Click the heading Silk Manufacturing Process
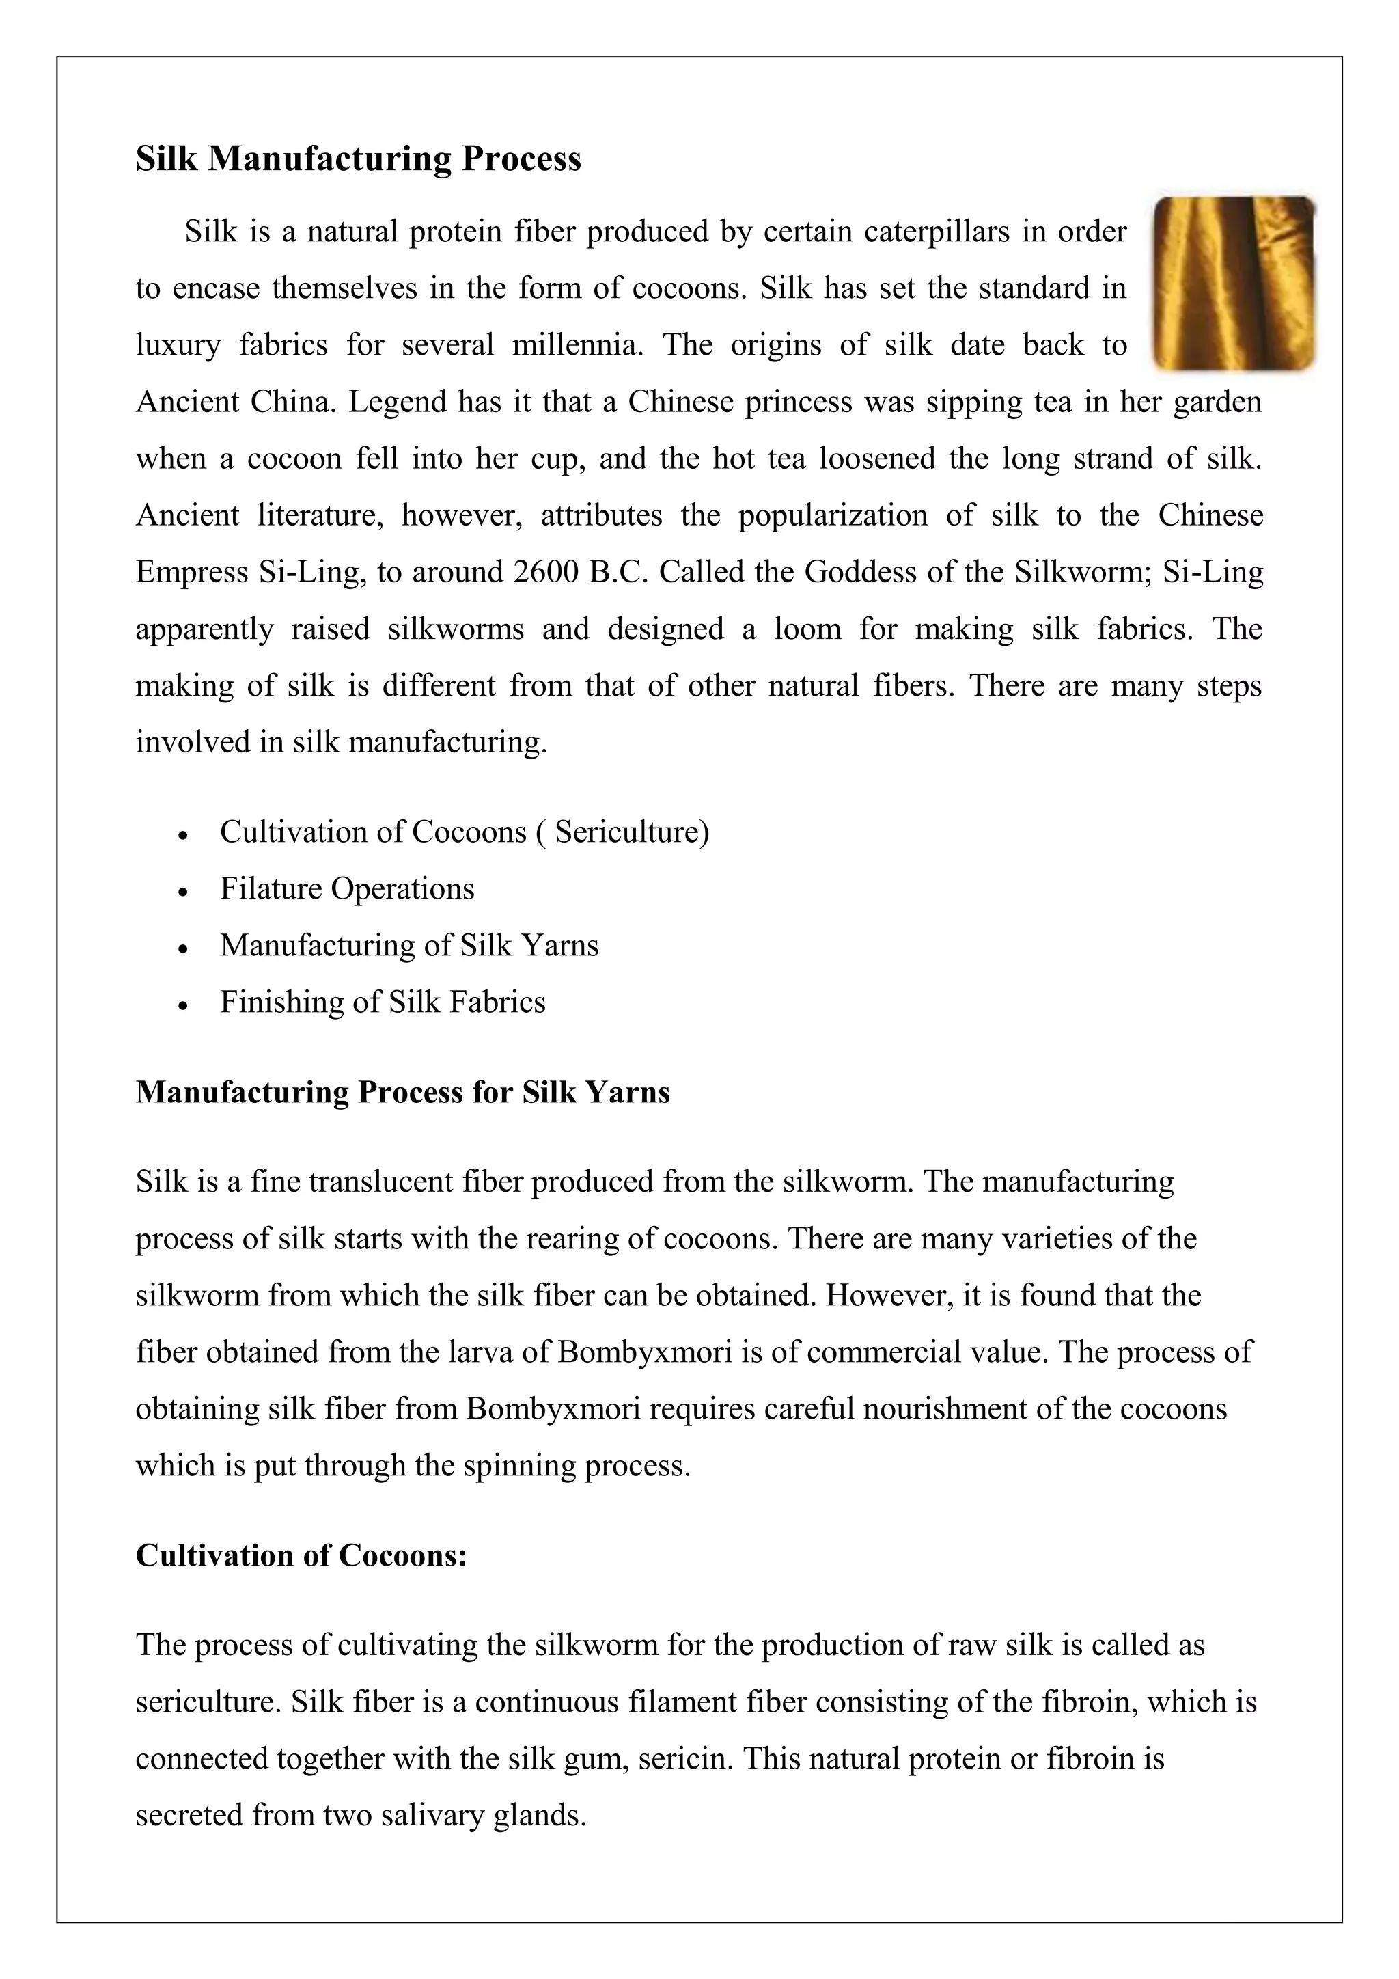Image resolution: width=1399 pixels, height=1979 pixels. tap(359, 159)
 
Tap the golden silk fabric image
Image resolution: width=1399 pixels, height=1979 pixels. tap(1234, 284)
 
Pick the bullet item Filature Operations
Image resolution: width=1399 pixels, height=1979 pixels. tap(347, 888)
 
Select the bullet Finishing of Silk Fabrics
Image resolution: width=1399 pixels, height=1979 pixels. tap(383, 1002)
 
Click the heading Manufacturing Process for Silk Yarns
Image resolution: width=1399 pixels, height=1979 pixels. tap(402, 1092)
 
